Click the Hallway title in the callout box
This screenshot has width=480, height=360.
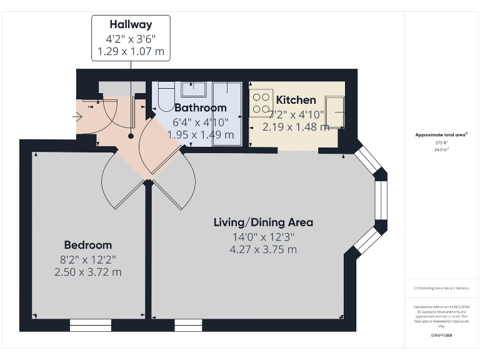coord(131,25)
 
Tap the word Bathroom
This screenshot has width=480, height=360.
coord(200,107)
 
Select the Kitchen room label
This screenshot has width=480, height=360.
coord(296,100)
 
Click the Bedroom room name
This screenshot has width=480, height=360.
coord(87,245)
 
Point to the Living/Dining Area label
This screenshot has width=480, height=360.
coord(263,222)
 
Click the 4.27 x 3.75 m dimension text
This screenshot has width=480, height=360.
coord(263,249)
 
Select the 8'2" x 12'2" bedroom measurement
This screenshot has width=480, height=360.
coord(87,259)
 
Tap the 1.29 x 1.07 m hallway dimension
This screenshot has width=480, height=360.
coord(131,52)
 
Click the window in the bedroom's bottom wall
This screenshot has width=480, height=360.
coord(90,325)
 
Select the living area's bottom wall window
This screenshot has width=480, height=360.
coord(188,325)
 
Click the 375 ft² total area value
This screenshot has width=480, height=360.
coord(442,142)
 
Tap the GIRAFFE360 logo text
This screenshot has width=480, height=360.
coord(441,336)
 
